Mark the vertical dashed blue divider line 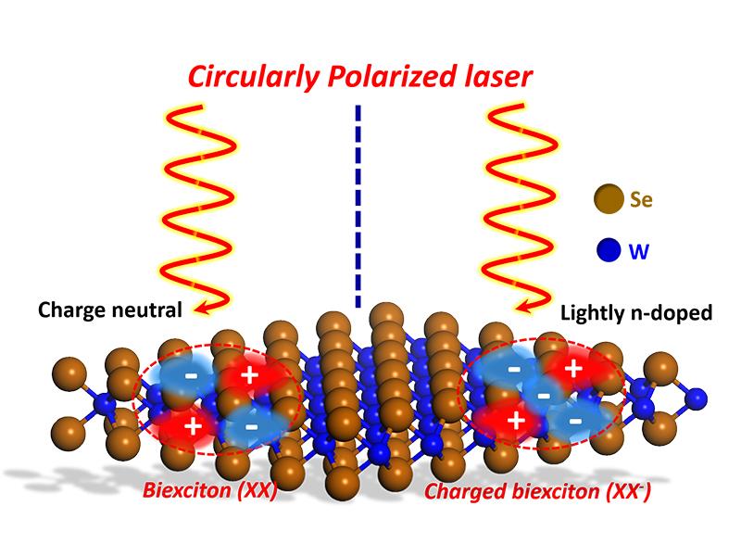(x=358, y=204)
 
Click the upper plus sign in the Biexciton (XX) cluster (x=248, y=375)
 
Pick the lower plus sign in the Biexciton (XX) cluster (x=194, y=428)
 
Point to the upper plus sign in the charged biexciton (x=573, y=369)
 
